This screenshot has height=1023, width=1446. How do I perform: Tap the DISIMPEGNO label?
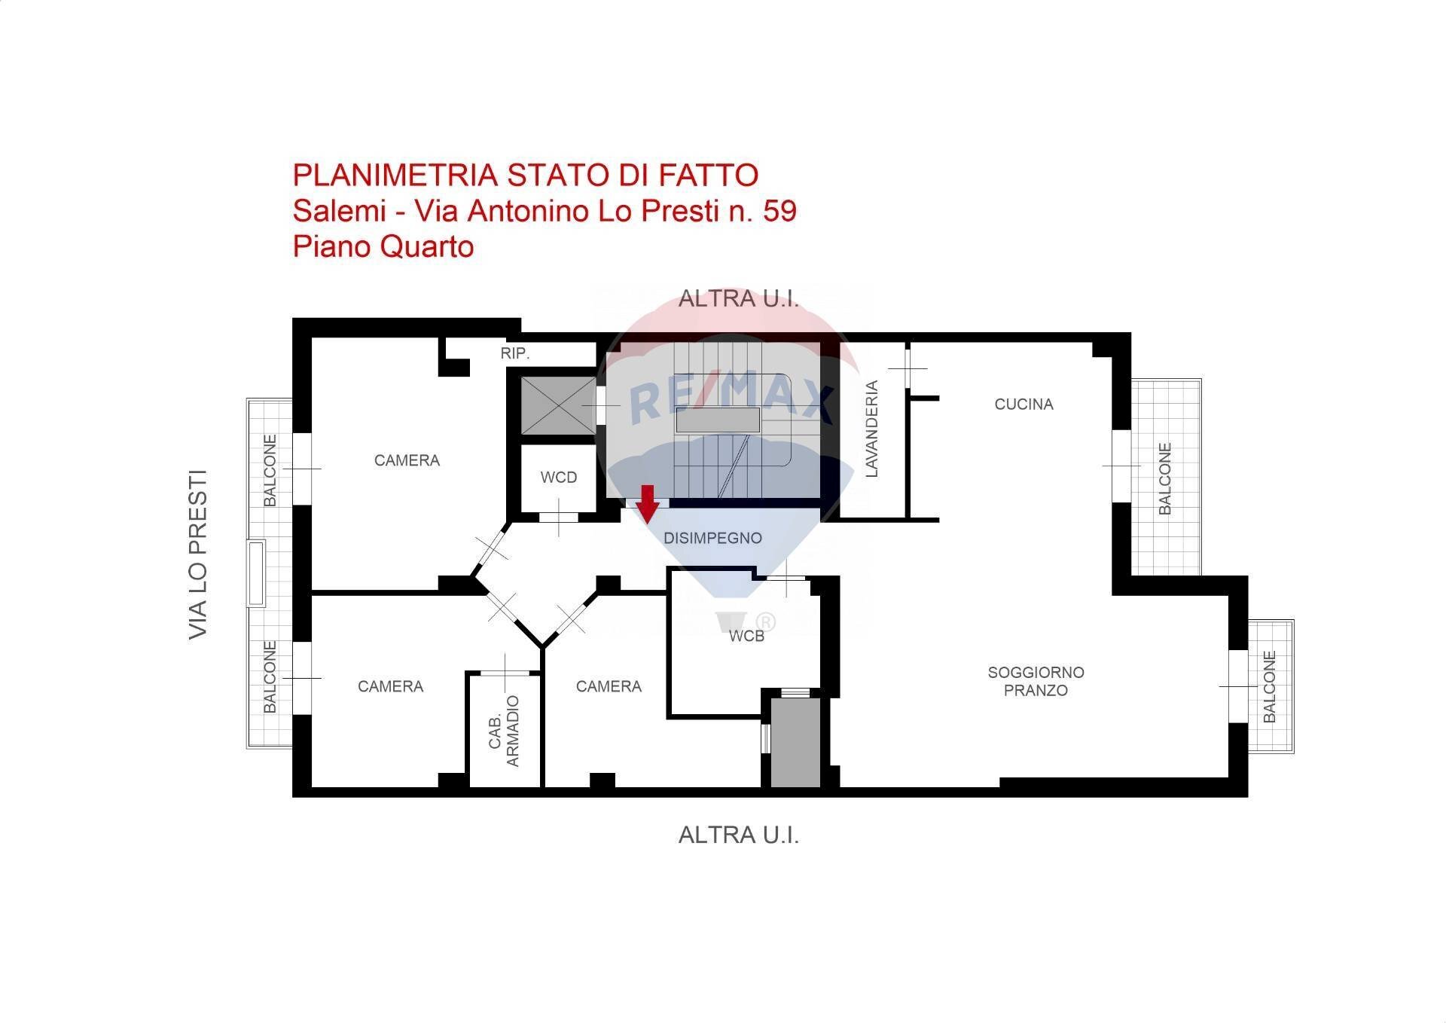click(x=712, y=538)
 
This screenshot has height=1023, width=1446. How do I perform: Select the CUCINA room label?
click(x=1023, y=405)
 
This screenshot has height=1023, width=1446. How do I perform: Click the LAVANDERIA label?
click(x=872, y=429)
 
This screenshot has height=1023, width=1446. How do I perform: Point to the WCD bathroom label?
click(x=559, y=478)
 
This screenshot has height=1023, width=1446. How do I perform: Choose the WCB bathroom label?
click(x=746, y=637)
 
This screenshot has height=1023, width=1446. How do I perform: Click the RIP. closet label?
click(x=516, y=353)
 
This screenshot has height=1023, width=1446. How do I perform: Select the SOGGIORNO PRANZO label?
click(x=1036, y=681)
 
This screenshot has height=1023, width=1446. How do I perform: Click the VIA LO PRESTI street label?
click(x=197, y=555)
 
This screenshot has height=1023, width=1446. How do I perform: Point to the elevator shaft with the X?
click(x=559, y=406)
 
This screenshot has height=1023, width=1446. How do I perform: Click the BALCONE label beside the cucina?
click(x=1165, y=478)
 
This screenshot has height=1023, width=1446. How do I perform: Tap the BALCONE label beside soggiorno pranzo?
click(x=1270, y=687)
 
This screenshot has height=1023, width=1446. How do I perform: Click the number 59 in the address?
click(x=779, y=211)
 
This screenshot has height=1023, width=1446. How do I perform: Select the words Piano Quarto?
click(x=383, y=246)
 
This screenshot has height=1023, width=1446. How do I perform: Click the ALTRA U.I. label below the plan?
click(x=738, y=835)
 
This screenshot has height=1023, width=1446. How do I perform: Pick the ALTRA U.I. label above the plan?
click(x=738, y=298)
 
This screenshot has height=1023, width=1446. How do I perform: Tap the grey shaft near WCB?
click(x=795, y=743)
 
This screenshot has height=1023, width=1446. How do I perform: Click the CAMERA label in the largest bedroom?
click(x=407, y=460)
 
